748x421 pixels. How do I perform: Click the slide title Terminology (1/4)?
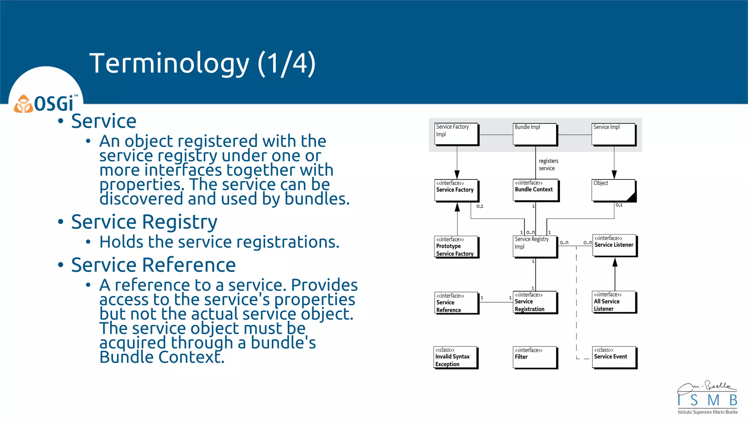pos(202,63)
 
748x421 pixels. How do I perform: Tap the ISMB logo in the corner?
pos(707,398)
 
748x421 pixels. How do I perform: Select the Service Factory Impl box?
pos(456,134)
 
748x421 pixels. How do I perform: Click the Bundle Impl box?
pos(535,134)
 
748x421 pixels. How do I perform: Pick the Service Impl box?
pos(614,134)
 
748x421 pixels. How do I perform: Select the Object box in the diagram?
pos(614,190)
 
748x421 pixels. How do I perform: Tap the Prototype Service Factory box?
pos(456,247)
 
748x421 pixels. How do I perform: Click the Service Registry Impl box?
pos(535,246)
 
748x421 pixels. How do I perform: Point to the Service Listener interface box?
pos(614,245)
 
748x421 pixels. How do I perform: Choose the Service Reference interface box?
pos(456,303)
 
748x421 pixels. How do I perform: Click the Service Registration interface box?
pos(535,302)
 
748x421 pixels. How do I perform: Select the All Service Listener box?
pos(614,302)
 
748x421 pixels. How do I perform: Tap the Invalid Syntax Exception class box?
pos(455,357)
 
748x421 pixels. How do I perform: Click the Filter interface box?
pos(535,357)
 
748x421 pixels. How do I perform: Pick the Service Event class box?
pos(614,357)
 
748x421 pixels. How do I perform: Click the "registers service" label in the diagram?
pos(548,164)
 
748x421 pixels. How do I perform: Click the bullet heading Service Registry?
pos(144,222)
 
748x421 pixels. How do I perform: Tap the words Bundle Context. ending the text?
pos(162,357)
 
